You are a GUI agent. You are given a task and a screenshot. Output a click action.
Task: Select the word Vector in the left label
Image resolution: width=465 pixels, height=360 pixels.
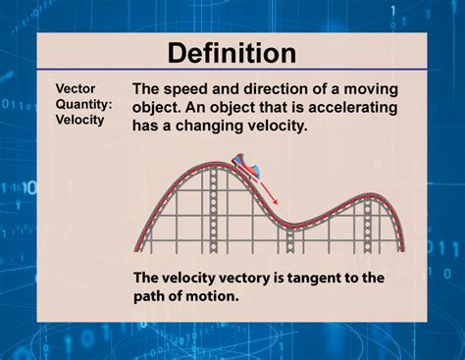(x=75, y=87)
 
